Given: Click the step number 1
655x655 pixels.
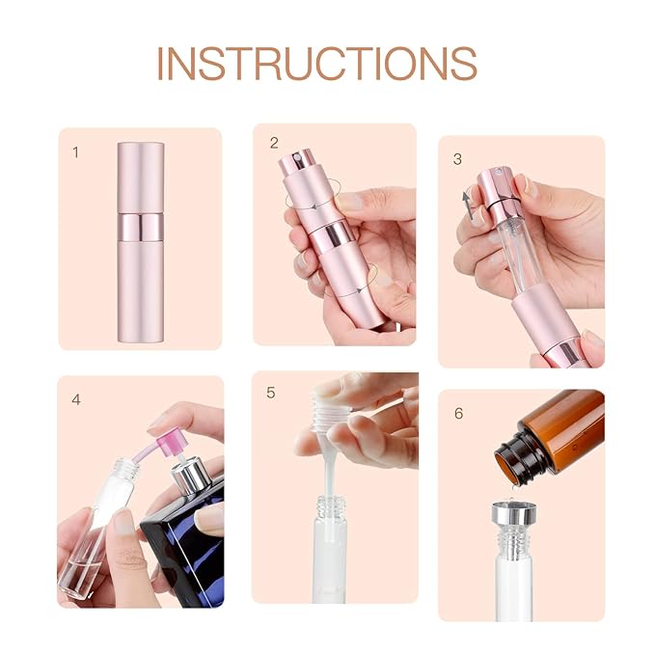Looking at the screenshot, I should (x=76, y=152).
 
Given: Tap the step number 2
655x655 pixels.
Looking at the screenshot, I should (x=274, y=143).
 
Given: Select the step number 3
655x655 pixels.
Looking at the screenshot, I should (x=458, y=159).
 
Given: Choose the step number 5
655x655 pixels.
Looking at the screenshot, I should (x=271, y=393).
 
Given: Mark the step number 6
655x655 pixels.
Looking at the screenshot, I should (x=459, y=414).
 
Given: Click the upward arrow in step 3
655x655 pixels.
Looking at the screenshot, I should (x=468, y=204).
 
